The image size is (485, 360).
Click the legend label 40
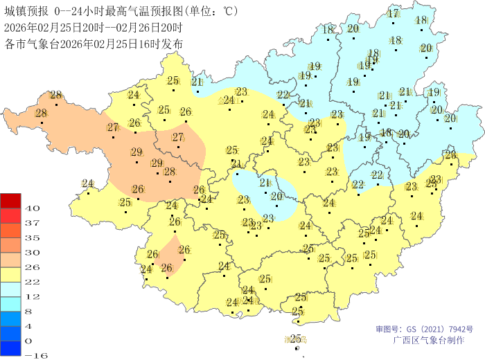[x=33, y=208]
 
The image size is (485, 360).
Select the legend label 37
[x=33, y=223]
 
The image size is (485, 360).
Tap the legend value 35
[x=33, y=237]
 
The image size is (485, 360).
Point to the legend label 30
[x=33, y=253]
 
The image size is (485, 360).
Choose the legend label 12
[x=33, y=296]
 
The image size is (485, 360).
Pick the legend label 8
[x=33, y=312]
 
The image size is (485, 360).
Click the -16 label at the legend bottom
[x=35, y=355]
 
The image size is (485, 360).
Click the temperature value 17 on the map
[x=393, y=14]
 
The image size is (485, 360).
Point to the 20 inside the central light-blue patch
[x=276, y=197]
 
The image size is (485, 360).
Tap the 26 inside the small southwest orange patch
[x=184, y=250]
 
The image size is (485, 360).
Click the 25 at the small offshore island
[x=296, y=338]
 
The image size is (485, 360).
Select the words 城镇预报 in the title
[x=25, y=12]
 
